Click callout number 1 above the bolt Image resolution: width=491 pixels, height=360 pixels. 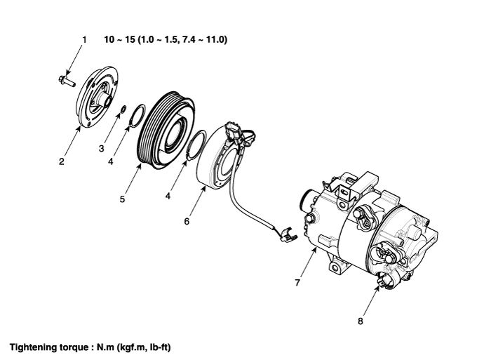[x=84, y=40]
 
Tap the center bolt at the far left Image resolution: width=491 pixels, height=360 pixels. [x=67, y=81]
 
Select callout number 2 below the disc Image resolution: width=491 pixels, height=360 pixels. [x=62, y=161]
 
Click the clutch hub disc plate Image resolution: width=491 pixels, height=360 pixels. [x=97, y=96]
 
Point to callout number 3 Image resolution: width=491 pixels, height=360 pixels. [x=101, y=148]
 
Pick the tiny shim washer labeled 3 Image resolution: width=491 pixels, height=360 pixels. [x=123, y=109]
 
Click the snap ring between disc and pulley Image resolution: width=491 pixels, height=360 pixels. [x=137, y=116]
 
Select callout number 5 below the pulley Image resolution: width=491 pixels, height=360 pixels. [x=122, y=199]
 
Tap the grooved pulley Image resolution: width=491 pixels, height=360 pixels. [x=166, y=130]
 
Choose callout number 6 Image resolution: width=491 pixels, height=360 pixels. [x=187, y=222]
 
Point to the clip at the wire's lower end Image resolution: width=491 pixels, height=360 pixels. [x=285, y=235]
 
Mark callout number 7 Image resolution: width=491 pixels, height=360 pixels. [x=297, y=283]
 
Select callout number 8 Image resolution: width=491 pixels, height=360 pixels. [x=360, y=321]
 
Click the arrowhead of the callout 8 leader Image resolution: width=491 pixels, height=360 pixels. [x=378, y=288]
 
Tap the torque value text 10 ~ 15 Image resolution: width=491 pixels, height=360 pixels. [x=120, y=39]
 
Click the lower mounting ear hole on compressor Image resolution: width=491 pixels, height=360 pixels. [x=335, y=268]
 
